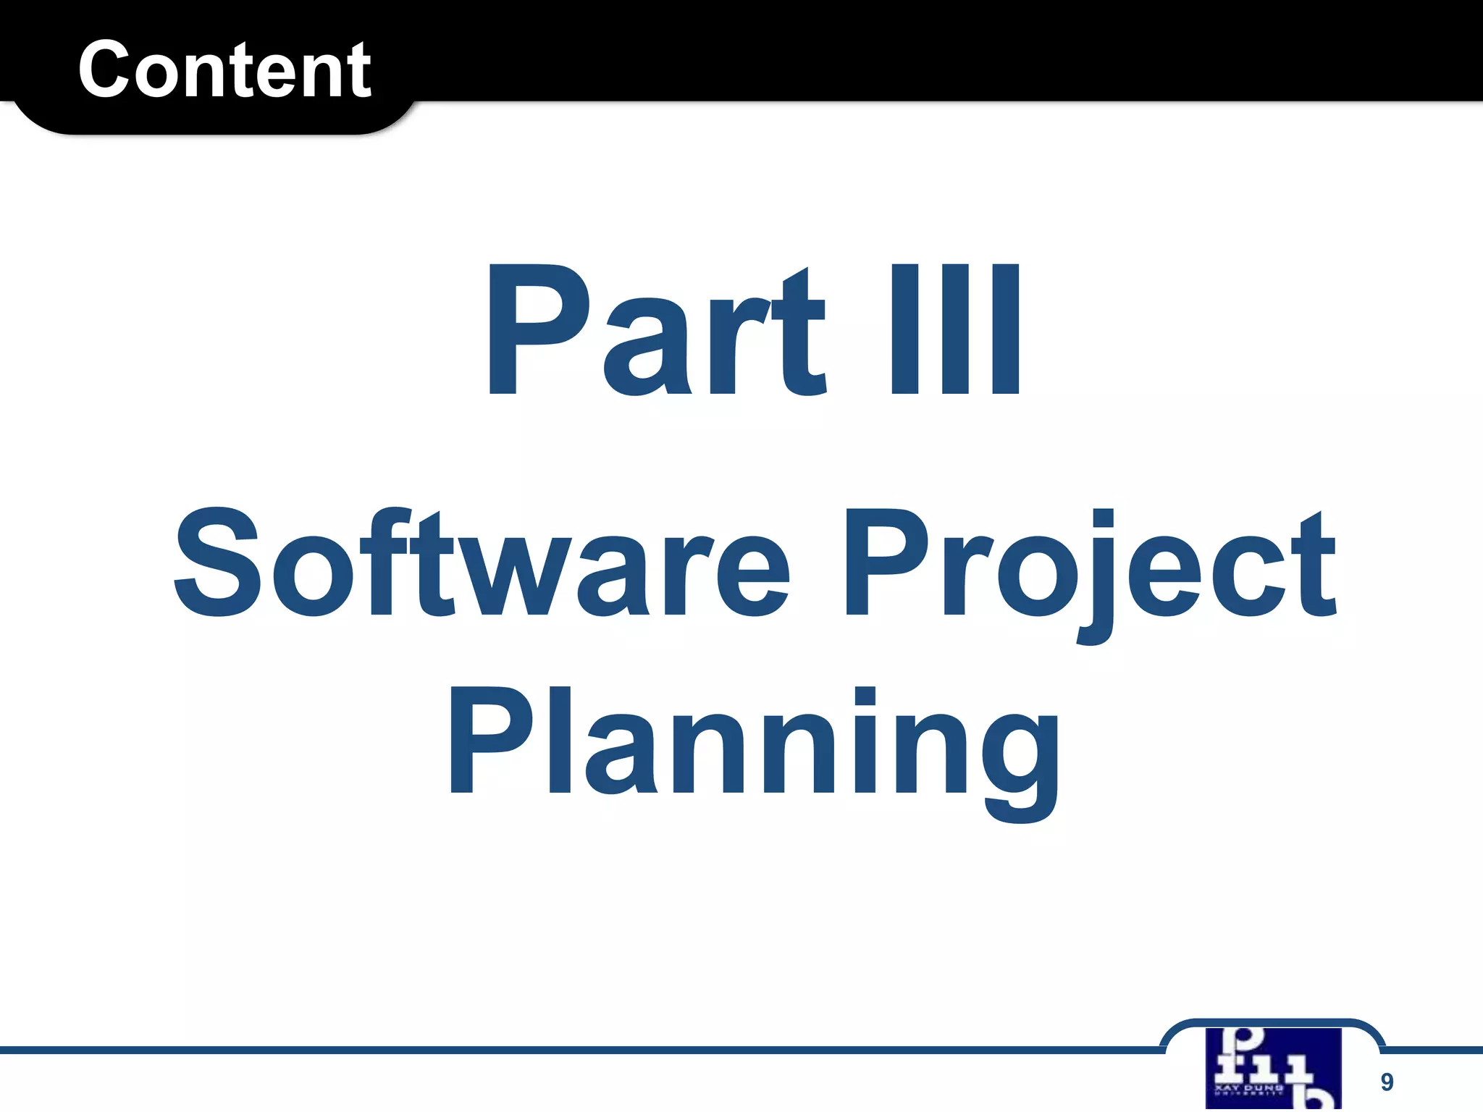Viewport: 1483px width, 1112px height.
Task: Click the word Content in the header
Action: pyautogui.click(x=224, y=69)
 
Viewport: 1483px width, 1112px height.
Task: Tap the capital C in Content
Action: pyautogui.click(x=109, y=69)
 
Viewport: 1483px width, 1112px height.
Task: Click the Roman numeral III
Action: pyautogui.click(x=955, y=329)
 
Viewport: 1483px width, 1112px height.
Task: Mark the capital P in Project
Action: pyautogui.click(x=888, y=563)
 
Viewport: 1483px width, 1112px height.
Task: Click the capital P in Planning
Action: pyautogui.click(x=492, y=740)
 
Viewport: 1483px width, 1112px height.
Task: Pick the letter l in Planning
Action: pyautogui.click(x=560, y=740)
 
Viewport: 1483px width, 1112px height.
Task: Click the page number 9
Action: pyautogui.click(x=1387, y=1082)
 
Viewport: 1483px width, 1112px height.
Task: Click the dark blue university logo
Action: pyautogui.click(x=1273, y=1068)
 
